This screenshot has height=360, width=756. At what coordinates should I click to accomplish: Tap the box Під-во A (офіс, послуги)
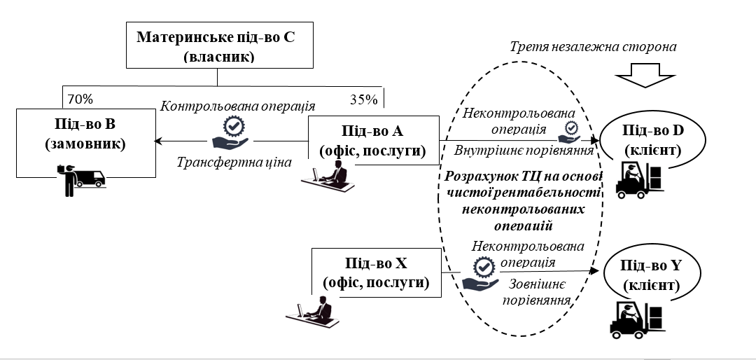tap(373, 140)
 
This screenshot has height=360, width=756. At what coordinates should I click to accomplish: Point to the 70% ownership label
tap(78, 97)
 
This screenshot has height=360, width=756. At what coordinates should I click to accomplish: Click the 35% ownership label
tap(363, 99)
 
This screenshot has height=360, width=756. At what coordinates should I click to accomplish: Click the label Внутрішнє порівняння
tap(524, 149)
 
